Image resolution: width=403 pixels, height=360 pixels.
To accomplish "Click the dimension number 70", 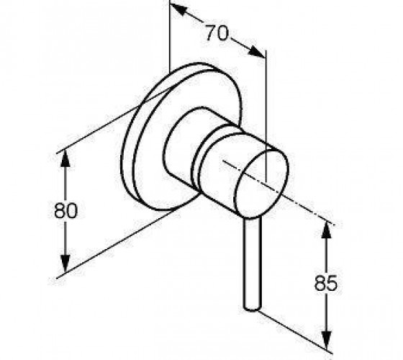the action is [x=217, y=32].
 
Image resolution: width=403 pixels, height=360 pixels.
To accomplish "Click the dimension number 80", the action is [x=65, y=210].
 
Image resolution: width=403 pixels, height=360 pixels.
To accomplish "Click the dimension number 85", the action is [x=325, y=283].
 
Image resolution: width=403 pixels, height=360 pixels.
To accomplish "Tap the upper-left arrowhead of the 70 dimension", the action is [x=178, y=9].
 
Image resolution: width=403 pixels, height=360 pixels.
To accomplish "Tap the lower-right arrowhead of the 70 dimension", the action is [x=256, y=52].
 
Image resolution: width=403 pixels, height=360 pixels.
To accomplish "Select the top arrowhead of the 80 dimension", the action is [x=65, y=158].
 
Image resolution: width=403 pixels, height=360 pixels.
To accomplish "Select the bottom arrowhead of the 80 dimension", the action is [x=65, y=264].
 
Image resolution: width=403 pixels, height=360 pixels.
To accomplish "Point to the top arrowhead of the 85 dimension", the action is [x=326, y=230].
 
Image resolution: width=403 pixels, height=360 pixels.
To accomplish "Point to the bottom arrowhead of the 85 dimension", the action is [x=326, y=341].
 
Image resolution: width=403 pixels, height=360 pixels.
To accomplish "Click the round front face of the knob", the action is [x=261, y=184].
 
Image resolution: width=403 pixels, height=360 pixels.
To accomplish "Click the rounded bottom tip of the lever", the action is [x=252, y=308].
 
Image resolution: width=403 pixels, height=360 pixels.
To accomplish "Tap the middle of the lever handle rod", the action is [x=252, y=264].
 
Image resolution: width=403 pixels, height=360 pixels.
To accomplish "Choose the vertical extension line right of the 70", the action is [x=266, y=116].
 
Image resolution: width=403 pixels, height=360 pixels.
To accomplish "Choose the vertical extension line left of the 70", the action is [x=170, y=37].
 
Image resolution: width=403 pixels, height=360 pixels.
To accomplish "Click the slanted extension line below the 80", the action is [x=117, y=243].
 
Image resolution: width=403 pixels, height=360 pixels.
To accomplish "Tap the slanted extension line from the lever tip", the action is [x=294, y=332].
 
